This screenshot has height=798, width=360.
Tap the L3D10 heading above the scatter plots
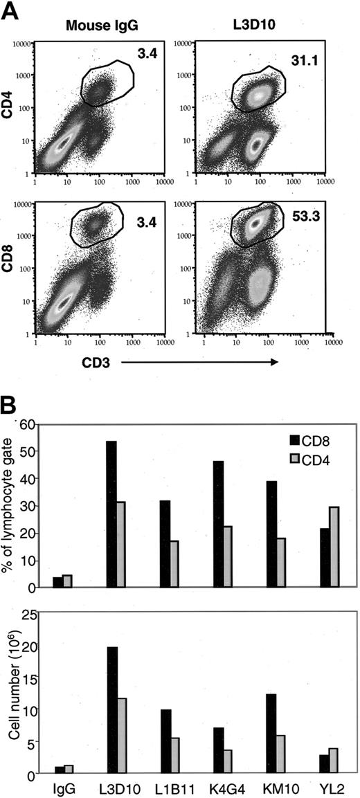coord(253,27)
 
